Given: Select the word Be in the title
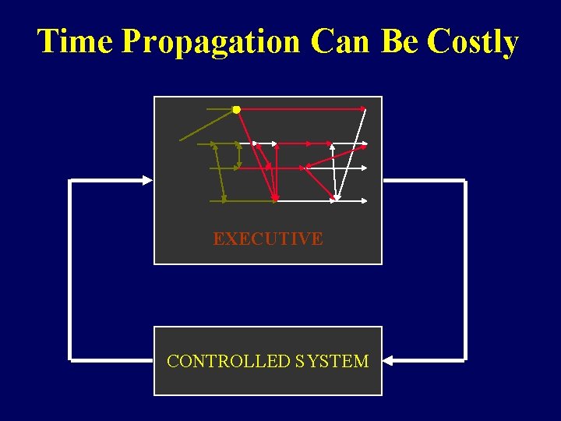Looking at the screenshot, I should tap(400, 41).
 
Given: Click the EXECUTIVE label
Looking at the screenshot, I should tap(268, 239).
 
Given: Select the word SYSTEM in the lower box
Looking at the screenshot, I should tap(332, 361).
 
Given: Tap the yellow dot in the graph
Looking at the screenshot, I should tap(236, 110).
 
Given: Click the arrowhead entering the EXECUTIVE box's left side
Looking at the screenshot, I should tap(147, 180).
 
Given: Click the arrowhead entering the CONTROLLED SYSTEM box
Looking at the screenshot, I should tap(389, 361).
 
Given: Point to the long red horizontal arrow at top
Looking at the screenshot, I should tap(304, 110).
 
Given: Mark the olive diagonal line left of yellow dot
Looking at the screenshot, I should tap(206, 126).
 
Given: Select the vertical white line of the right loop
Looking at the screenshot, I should tap(465, 271).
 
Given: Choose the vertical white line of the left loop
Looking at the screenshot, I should tap(70, 271).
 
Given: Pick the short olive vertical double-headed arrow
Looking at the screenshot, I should tap(238, 155).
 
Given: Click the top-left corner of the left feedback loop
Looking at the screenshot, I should tap(70, 180).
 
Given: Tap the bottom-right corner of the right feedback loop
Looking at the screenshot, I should tap(465, 361).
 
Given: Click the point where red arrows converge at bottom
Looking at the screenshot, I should tap(275, 200).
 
